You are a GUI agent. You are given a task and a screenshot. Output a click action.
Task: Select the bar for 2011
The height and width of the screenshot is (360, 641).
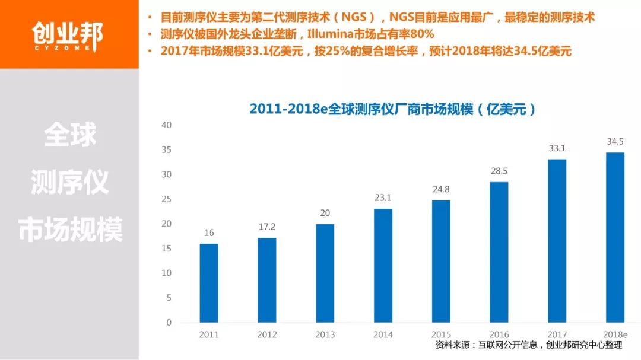point(208,283)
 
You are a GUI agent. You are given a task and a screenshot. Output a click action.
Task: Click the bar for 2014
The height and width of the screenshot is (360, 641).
point(383,265)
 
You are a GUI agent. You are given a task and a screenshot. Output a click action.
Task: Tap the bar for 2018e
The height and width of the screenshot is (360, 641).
point(615,237)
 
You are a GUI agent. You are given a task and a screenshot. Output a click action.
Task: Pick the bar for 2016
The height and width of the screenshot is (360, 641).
point(499,252)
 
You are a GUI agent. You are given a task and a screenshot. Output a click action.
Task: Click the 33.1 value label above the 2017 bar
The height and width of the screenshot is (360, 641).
point(557,148)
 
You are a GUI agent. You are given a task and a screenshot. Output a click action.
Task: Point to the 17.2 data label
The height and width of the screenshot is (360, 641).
point(266,227)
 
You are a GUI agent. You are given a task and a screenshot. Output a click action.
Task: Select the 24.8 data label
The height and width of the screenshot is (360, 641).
point(441,190)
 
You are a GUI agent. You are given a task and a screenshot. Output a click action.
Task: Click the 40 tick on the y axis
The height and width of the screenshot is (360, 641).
point(166,125)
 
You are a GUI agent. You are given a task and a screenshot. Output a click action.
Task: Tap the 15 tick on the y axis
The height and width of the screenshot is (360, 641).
point(166,249)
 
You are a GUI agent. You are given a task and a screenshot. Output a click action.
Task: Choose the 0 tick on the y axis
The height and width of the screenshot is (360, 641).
point(169,323)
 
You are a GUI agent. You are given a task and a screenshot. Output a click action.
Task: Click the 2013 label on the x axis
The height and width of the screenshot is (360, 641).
point(325,334)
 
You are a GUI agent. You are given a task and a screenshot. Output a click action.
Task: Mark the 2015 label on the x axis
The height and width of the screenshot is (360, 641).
point(441,334)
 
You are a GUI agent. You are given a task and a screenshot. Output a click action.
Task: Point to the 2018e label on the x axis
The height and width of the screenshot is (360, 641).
point(615,334)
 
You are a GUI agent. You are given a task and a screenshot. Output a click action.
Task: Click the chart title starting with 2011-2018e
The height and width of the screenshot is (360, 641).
point(392,109)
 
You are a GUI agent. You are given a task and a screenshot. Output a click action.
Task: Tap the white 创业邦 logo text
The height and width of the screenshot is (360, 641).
point(67,33)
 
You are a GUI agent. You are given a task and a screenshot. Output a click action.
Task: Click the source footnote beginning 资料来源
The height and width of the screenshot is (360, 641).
point(528,345)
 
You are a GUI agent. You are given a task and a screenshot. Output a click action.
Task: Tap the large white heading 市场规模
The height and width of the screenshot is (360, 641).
point(70,230)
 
